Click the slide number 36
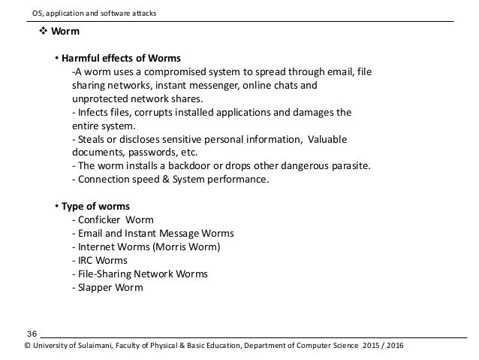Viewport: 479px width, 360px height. coord(32,333)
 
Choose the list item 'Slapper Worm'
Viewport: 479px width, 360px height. coord(109,287)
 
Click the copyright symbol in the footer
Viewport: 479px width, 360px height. coord(28,346)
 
